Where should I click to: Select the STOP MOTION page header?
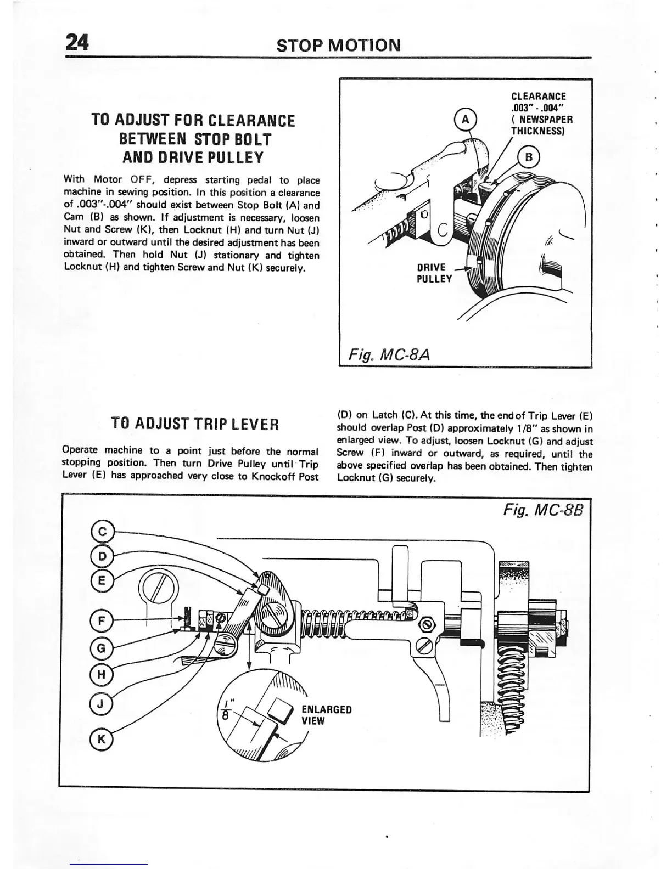click(339, 44)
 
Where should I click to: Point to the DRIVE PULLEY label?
click(434, 273)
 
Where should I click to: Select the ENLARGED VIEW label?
click(326, 715)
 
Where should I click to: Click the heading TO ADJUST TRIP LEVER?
click(195, 424)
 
